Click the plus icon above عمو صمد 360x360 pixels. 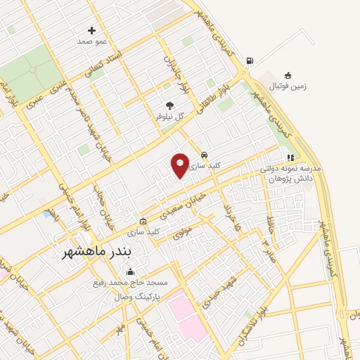click(x=91, y=30)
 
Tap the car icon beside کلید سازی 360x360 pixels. click(x=204, y=154)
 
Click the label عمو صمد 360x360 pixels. click(x=92, y=41)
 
